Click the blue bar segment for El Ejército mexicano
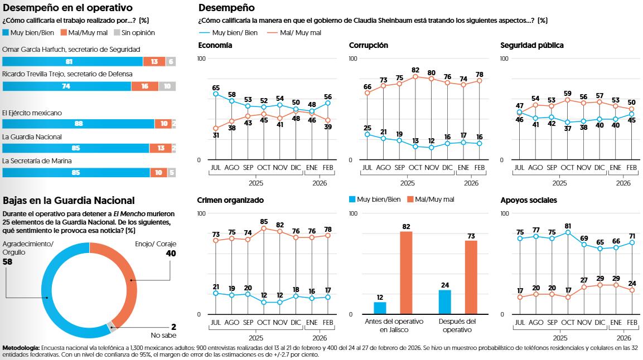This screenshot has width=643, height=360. coord(78,124)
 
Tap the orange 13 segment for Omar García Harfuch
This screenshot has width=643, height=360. coord(154,62)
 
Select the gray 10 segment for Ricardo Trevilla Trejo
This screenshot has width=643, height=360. coord(167,86)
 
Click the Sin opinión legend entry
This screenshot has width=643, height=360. coord(133,32)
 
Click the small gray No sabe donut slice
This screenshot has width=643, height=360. coord(111,326)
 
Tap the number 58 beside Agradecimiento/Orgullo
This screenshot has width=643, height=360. coord(8,261)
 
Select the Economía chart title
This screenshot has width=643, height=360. coord(215,45)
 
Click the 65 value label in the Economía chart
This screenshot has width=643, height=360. coord(216,87)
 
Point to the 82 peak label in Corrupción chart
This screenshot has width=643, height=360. coord(415,70)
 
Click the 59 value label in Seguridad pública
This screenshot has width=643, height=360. coord(568,94)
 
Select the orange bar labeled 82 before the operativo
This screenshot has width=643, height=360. coord(406,273)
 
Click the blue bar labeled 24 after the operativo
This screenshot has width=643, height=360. coord(444,301)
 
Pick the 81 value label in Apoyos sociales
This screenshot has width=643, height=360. coord(568,226)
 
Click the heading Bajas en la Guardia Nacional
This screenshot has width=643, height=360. coord(69,200)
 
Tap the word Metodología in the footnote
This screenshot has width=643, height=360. coord(21,348)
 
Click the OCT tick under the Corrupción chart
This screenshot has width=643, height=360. coord(415,168)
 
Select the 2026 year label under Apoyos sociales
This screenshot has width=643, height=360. coord(623,338)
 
